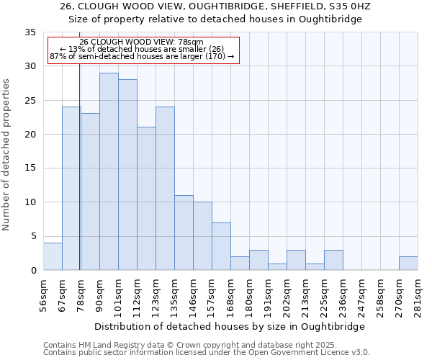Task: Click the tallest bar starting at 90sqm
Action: click(109, 171)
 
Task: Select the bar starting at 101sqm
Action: click(127, 175)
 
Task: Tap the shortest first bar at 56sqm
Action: click(53, 256)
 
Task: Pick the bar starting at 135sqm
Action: click(184, 233)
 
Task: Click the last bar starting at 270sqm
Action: click(408, 264)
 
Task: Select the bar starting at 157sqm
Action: click(221, 246)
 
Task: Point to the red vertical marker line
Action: click(79, 180)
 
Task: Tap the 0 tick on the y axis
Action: click(33, 271)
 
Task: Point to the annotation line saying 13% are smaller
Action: click(142, 49)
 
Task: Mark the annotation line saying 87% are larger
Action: click(142, 56)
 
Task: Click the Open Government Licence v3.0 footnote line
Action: click(207, 353)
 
